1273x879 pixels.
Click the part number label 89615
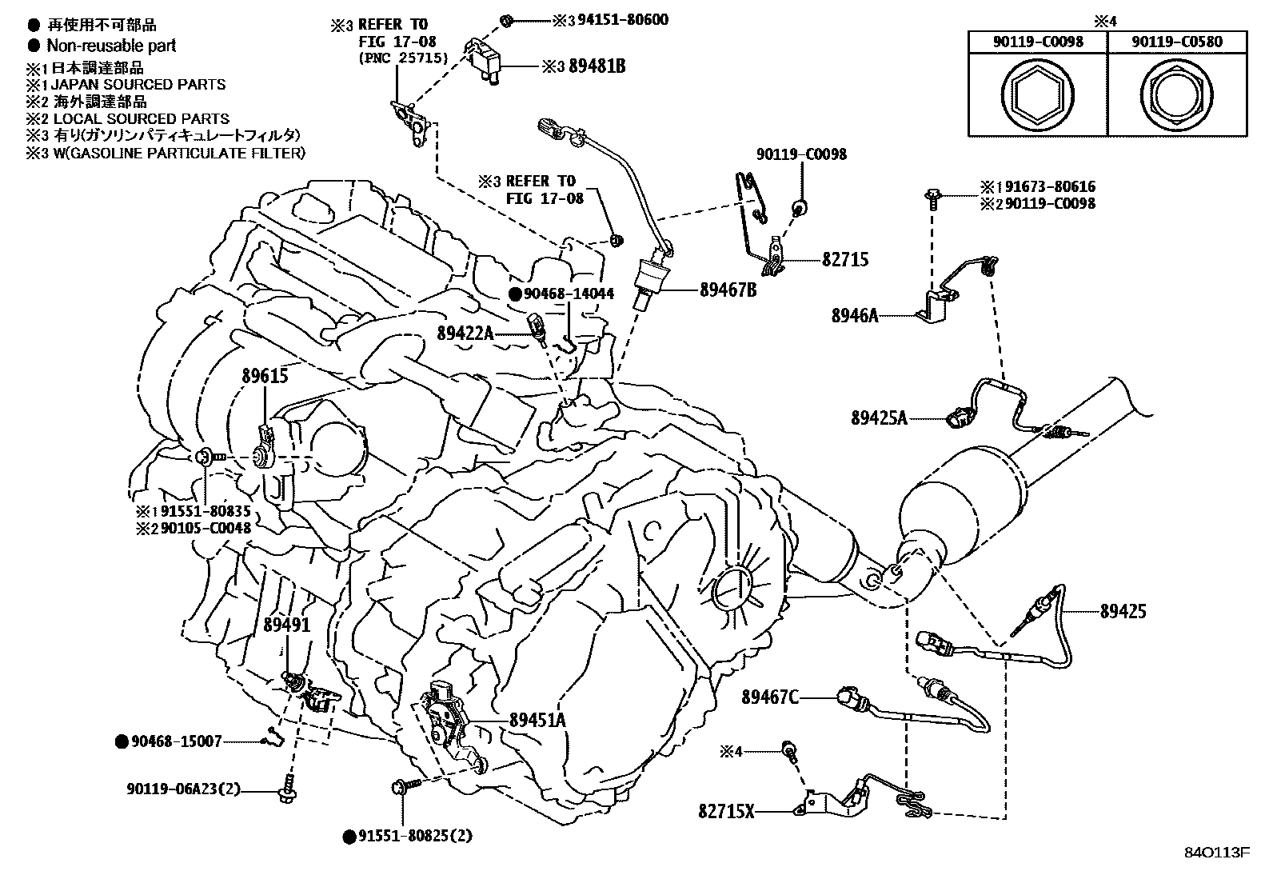265,376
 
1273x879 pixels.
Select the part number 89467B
728,290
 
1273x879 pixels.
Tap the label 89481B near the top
597,66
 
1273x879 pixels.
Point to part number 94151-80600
623,20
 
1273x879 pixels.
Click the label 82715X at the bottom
726,811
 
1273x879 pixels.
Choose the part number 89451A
537,720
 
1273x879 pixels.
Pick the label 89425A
879,418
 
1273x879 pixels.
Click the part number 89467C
769,697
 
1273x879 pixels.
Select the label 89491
286,625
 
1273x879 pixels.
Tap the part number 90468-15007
176,741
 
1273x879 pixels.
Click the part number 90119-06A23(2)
183,789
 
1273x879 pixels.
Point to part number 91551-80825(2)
415,836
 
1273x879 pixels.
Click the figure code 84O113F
1217,853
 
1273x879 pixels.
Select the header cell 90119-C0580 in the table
1176,42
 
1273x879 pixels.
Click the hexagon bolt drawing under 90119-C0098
1037,94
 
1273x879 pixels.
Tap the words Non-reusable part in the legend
111,46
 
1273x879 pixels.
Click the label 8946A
855,316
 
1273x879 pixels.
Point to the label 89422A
465,334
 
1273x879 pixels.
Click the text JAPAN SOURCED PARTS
138,85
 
